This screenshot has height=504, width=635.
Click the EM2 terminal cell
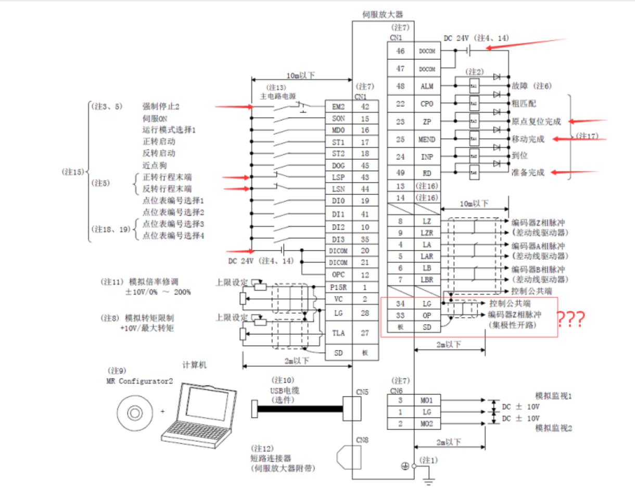click(x=338, y=106)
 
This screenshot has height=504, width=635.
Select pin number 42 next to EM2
click(x=365, y=106)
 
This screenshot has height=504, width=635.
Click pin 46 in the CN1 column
click(x=400, y=51)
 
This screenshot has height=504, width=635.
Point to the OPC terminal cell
click(x=338, y=274)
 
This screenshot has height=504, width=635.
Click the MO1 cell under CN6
click(x=427, y=400)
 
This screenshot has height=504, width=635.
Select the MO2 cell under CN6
click(x=427, y=424)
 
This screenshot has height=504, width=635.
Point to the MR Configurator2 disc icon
click(x=135, y=414)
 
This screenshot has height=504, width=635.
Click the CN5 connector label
click(x=363, y=392)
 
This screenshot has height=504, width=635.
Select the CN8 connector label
click(x=363, y=440)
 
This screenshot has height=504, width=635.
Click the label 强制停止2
click(x=161, y=106)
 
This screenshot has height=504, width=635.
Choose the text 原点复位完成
click(x=536, y=121)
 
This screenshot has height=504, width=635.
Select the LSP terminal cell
click(x=338, y=177)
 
